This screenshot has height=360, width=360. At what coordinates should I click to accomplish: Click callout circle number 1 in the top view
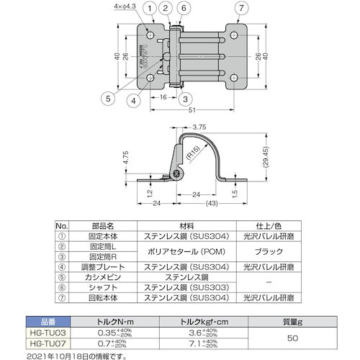(149, 9)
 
